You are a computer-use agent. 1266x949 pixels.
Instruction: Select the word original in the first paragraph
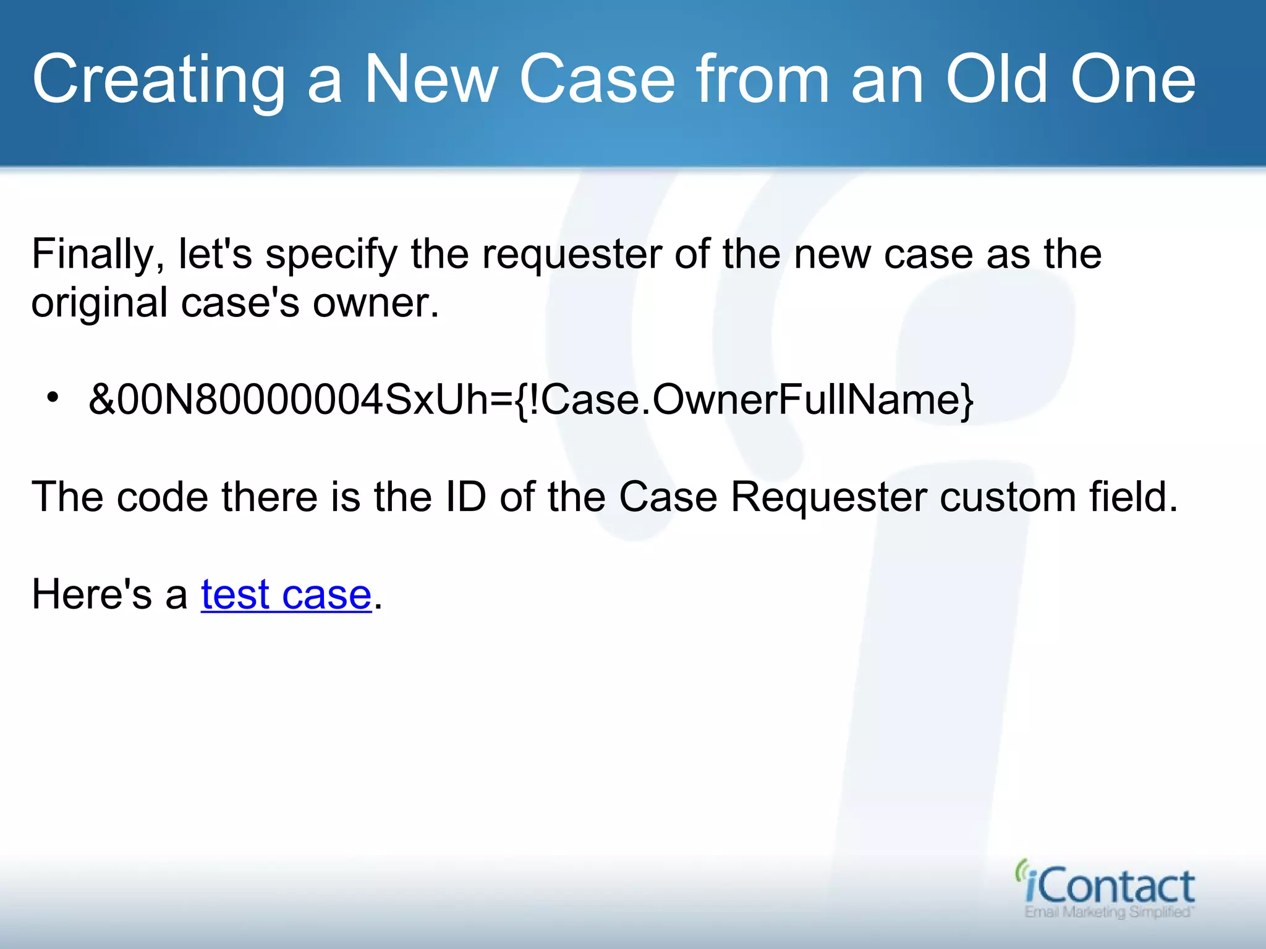99,304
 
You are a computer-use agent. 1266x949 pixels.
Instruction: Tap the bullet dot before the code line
53,397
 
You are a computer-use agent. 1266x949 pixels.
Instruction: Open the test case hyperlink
286,594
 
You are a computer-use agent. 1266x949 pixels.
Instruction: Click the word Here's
91,594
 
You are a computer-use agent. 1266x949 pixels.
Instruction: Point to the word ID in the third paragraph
465,497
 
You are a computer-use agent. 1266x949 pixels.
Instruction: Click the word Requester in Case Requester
828,497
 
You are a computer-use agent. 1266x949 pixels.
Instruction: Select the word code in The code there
162,497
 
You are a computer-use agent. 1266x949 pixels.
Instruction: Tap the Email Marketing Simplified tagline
1109,912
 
